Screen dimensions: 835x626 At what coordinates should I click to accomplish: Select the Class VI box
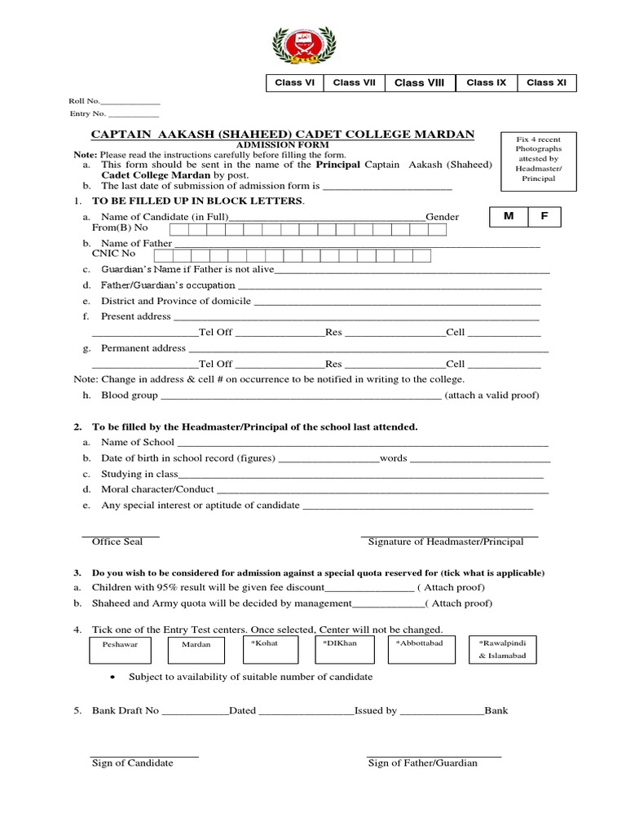click(x=295, y=83)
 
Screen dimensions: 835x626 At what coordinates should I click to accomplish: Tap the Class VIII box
click(x=420, y=83)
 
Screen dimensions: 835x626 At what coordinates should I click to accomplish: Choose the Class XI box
click(x=546, y=83)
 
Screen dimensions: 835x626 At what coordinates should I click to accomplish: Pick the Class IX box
click(x=486, y=83)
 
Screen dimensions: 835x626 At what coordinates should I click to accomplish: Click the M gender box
click(x=509, y=218)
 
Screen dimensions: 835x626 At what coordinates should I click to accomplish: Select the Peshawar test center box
click(x=121, y=649)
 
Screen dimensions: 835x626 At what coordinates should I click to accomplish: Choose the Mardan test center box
click(x=196, y=649)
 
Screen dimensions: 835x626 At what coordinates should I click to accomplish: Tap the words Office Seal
click(x=117, y=541)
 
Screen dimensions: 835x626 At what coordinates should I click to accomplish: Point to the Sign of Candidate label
click(x=132, y=763)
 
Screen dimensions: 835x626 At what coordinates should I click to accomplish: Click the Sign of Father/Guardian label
click(x=423, y=763)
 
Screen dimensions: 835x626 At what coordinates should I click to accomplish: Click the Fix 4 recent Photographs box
click(x=538, y=159)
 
